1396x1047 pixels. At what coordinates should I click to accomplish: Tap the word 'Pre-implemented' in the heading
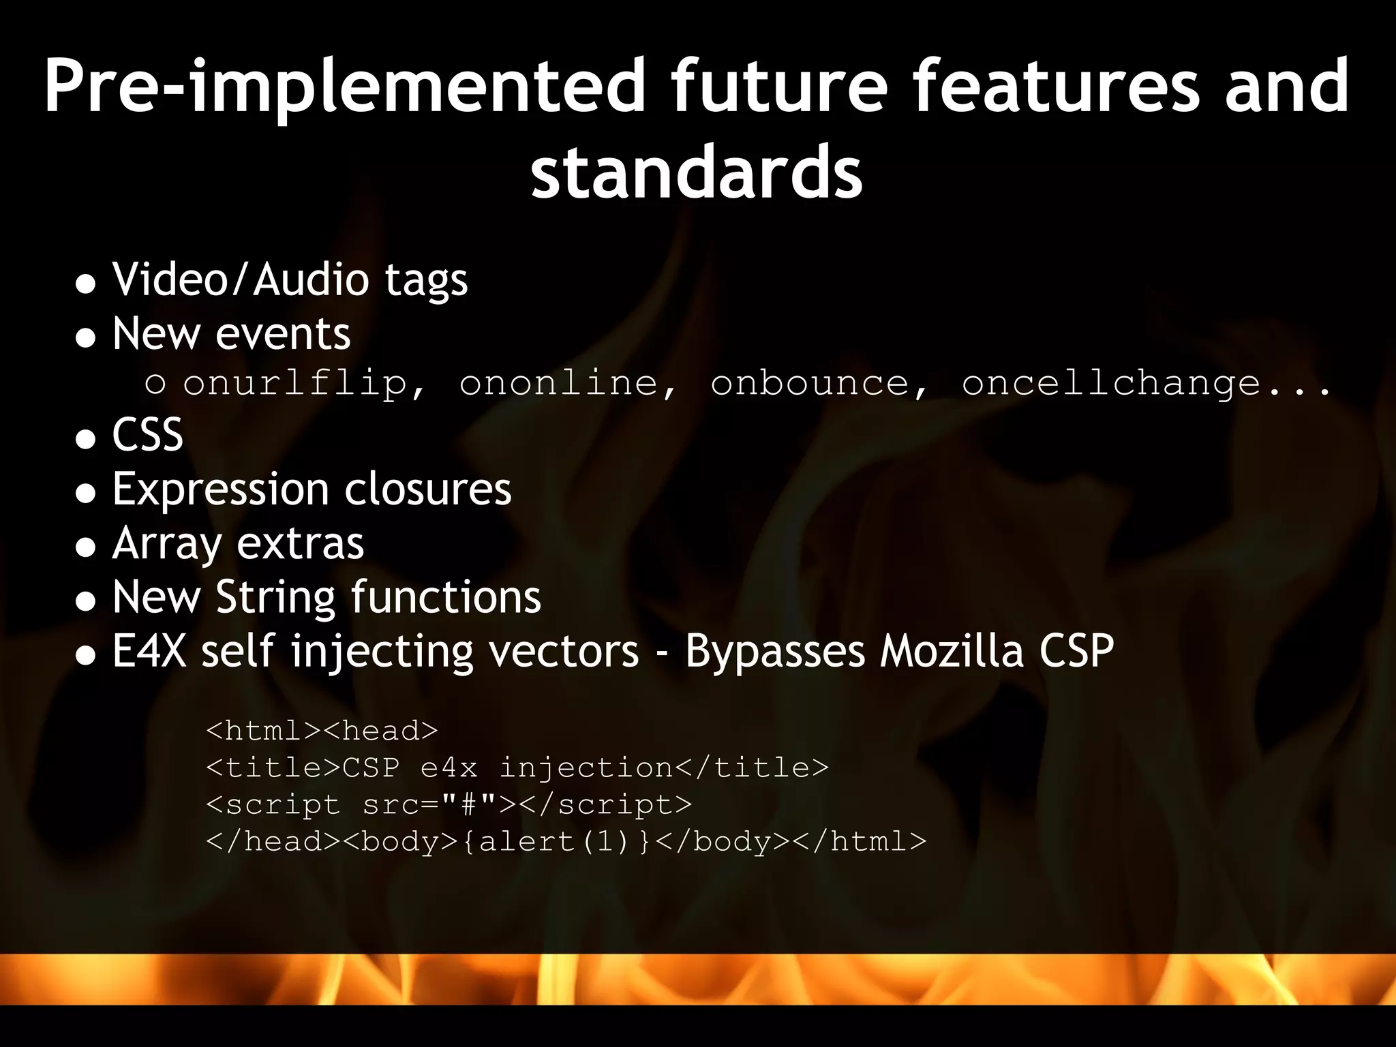tap(344, 87)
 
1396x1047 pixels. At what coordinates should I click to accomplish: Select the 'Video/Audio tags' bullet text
tap(290, 280)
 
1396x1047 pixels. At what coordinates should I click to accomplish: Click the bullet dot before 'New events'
tap(86, 337)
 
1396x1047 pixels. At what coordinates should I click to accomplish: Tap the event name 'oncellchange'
tap(1111, 384)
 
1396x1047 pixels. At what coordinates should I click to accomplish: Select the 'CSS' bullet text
tap(148, 435)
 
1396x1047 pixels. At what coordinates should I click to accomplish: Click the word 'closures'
tap(427, 489)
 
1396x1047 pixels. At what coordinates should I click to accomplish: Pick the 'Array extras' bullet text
tap(239, 544)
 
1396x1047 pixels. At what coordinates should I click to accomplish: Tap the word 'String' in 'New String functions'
tap(275, 598)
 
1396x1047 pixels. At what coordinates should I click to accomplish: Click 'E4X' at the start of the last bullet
tap(149, 651)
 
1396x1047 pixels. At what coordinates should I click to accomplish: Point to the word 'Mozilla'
tap(952, 651)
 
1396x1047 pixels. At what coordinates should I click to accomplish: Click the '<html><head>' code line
tap(322, 731)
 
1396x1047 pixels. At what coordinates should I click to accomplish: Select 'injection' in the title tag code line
tap(586, 768)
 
